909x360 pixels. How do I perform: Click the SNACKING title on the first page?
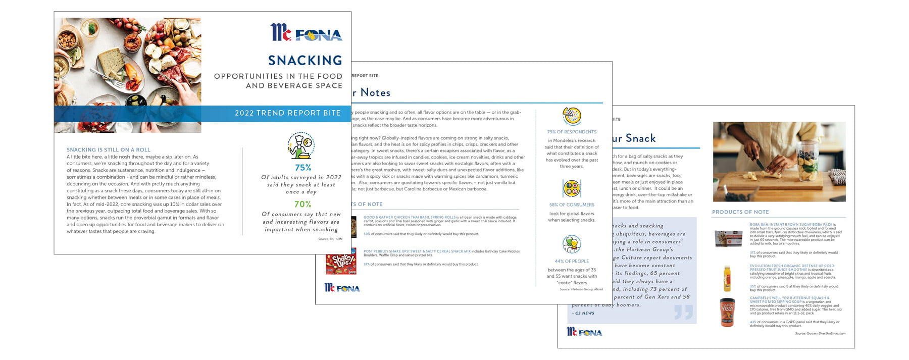(x=305, y=61)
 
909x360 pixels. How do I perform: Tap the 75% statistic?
(x=303, y=168)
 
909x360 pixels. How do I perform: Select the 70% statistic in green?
(x=302, y=204)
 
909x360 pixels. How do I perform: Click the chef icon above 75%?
(x=301, y=146)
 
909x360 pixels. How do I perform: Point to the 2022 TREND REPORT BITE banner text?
(x=287, y=113)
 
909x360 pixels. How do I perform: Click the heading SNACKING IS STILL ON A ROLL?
(x=109, y=150)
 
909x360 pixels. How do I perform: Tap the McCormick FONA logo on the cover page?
(x=306, y=33)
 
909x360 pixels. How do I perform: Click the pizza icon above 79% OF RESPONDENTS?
(x=572, y=116)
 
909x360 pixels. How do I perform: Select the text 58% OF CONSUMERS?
(x=572, y=205)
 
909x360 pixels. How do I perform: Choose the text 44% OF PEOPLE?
(x=572, y=262)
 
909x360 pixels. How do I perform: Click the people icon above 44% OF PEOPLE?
(x=572, y=245)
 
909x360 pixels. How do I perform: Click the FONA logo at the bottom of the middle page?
(x=342, y=288)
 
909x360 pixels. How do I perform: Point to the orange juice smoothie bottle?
(x=727, y=278)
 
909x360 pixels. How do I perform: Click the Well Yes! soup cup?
(x=727, y=312)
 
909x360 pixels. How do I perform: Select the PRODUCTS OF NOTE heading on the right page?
(x=740, y=212)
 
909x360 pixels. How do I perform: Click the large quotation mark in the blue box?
(x=683, y=312)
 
